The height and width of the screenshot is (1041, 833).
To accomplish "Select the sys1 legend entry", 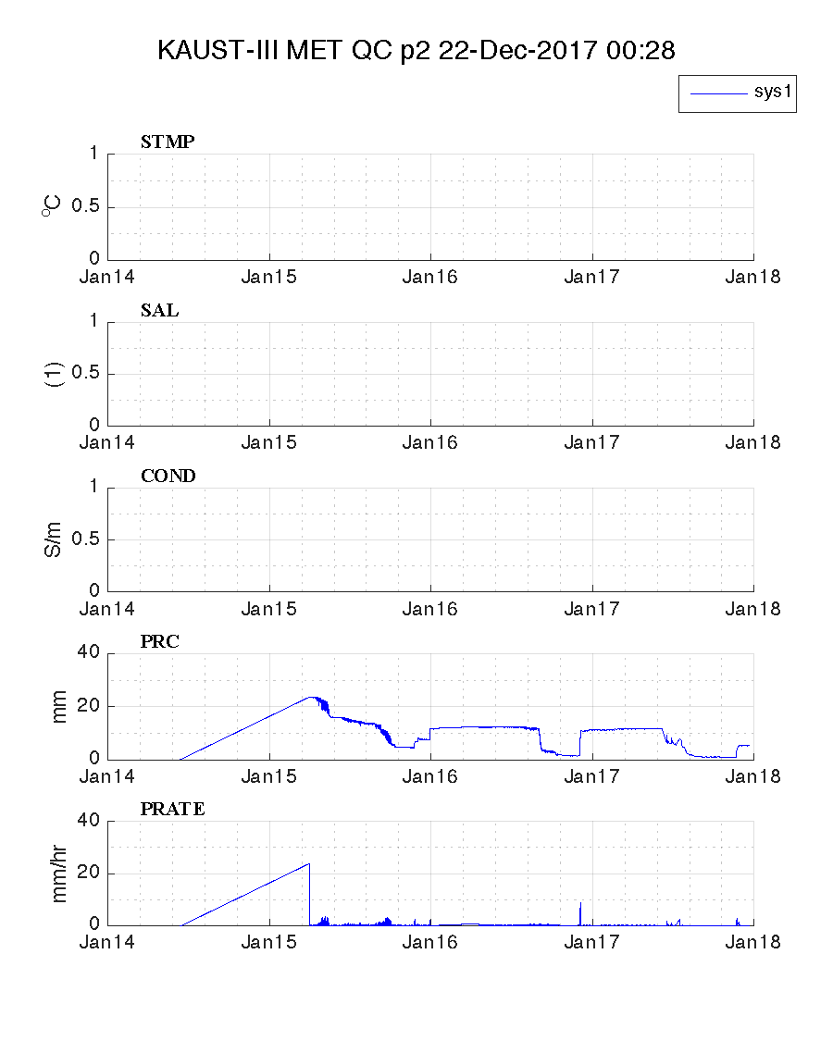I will [x=738, y=93].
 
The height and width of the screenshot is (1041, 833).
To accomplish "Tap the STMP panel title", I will [x=167, y=143].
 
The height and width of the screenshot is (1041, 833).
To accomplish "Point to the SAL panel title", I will [x=159, y=311].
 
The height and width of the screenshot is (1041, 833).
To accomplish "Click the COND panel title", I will [x=168, y=477].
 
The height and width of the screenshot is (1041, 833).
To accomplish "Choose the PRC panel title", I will [x=159, y=642].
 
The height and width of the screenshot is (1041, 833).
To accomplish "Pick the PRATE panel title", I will [x=172, y=810].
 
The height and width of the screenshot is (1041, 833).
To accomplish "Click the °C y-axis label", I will [x=50, y=206].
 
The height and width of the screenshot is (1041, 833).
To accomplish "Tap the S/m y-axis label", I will [x=55, y=539].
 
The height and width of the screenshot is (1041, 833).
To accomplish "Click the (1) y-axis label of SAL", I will [x=55, y=374].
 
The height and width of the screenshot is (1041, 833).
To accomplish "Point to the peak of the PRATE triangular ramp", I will [x=308, y=864].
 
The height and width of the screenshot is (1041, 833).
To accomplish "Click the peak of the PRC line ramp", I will [x=310, y=697].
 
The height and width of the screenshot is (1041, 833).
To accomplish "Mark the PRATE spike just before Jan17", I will [x=580, y=903].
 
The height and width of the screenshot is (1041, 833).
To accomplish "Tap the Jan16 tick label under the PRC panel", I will [x=430, y=776].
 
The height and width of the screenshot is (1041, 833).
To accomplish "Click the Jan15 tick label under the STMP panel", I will [x=268, y=276].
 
